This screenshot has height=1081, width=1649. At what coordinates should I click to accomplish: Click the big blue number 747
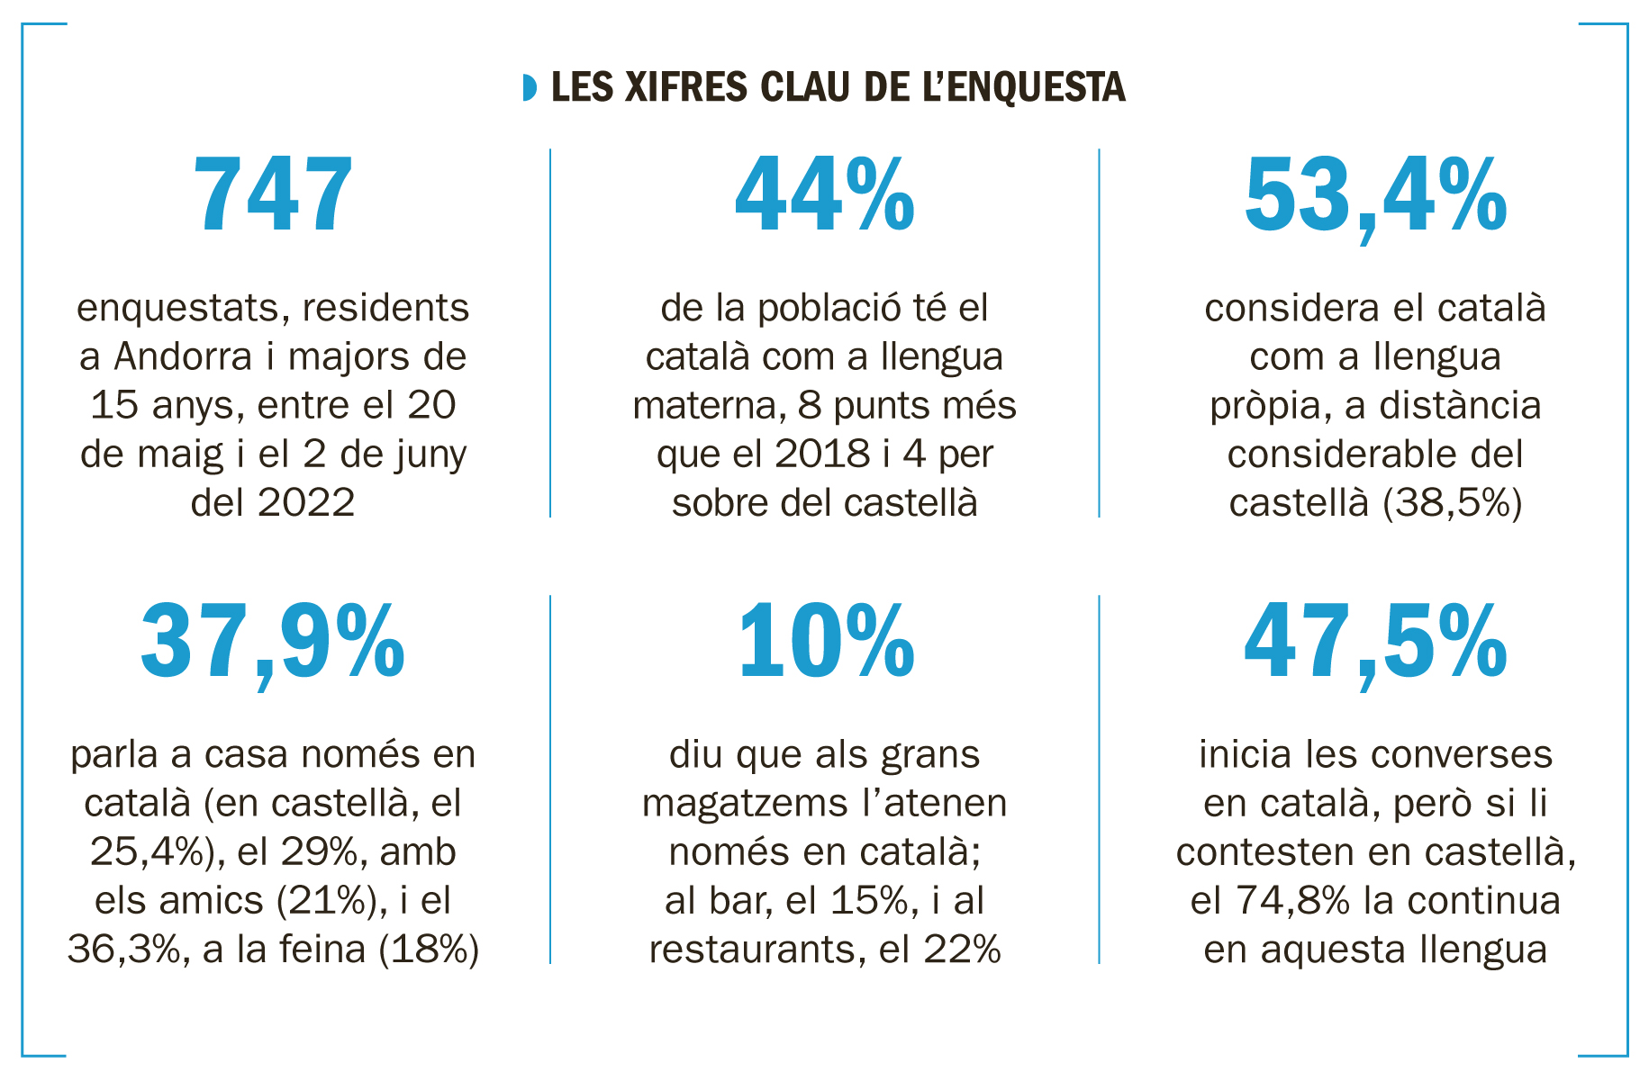coord(272,196)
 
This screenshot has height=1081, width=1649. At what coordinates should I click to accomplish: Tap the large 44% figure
coord(824,196)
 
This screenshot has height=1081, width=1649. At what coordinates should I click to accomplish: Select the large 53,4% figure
coord(1374,196)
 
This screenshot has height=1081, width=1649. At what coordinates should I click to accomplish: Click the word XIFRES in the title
coord(685,87)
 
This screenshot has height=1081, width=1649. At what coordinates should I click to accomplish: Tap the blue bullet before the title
coord(530,87)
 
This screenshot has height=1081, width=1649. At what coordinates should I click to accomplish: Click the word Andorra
coord(183,356)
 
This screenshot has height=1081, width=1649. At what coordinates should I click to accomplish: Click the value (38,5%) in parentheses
coord(1452,502)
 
